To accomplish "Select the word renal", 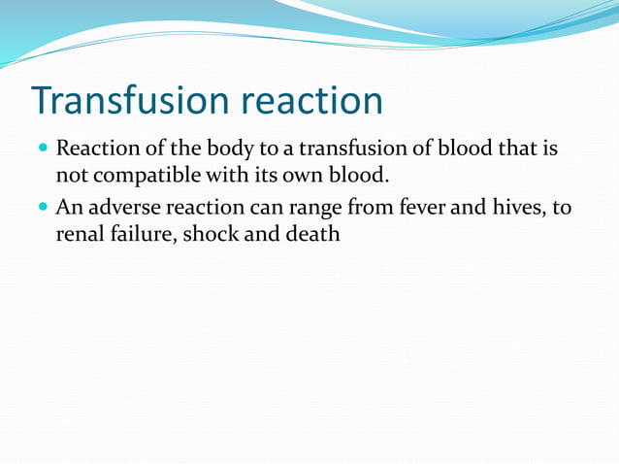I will (81, 234).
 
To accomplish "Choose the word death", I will (312, 234).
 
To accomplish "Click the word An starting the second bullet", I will (69, 207).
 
